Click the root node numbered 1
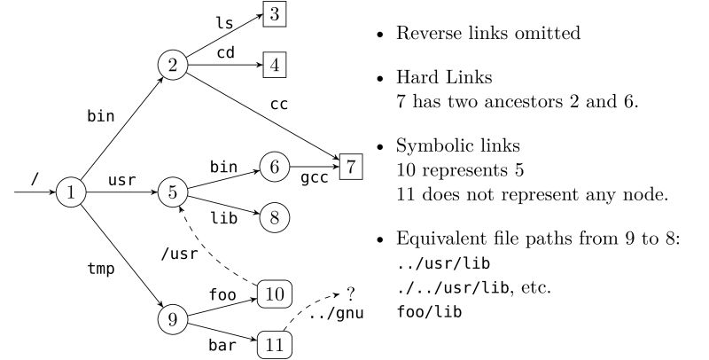[x=71, y=190]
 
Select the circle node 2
[x=172, y=65]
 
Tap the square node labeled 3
[x=274, y=15]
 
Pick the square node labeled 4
[x=274, y=65]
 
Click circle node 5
[x=172, y=190]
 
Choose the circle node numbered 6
[x=274, y=165]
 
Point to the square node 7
[x=352, y=165]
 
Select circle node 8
[x=274, y=215]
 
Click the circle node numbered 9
[x=172, y=317]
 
